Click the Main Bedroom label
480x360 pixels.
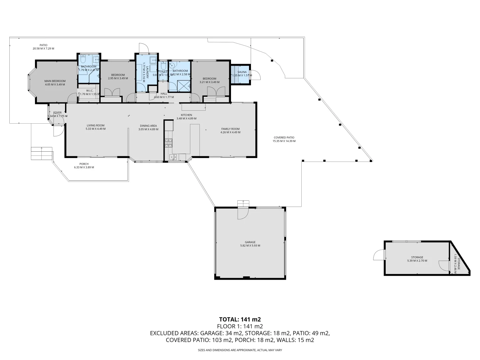click(x=55, y=81)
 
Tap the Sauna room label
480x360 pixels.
click(x=242, y=72)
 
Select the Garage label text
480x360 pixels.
click(x=250, y=242)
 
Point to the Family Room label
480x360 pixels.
click(x=230, y=129)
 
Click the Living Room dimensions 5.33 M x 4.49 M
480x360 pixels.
click(x=95, y=129)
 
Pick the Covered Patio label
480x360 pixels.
click(x=284, y=137)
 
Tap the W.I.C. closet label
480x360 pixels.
click(x=89, y=90)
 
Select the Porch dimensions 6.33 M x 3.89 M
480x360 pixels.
click(x=84, y=167)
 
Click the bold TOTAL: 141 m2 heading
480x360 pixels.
click(x=240, y=319)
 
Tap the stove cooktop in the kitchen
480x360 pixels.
click(x=168, y=143)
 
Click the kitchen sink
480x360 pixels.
click(x=173, y=157)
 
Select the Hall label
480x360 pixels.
click(x=164, y=94)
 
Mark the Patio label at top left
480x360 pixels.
click(x=43, y=45)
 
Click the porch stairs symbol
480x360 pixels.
click(x=42, y=154)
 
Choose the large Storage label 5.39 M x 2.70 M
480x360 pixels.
click(x=417, y=259)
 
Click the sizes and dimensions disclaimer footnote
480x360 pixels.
click(x=240, y=350)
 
